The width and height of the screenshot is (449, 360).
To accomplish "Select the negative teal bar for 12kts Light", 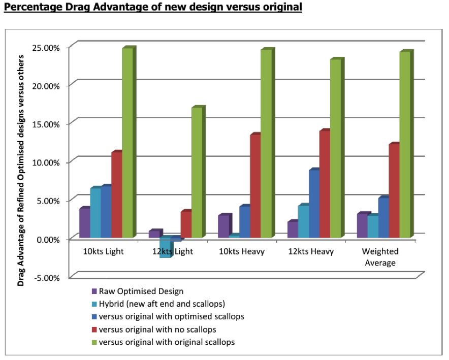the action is [x=165, y=248].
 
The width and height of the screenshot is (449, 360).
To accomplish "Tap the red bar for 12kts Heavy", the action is [x=325, y=183].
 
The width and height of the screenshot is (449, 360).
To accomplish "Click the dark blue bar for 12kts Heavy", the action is [x=314, y=203].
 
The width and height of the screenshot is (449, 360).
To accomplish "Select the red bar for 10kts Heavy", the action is [x=255, y=185].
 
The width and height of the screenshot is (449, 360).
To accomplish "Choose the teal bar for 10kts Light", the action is [x=95, y=212].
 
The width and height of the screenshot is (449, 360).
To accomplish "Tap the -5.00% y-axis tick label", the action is [x=47, y=278].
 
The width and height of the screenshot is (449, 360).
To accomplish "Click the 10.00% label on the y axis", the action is [x=46, y=162].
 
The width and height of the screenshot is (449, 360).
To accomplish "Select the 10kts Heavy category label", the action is [x=242, y=251].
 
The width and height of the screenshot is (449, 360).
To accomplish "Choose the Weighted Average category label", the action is [x=380, y=257].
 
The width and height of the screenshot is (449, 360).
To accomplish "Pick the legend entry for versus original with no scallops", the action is [x=154, y=330].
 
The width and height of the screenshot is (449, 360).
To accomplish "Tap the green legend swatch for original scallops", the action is [x=94, y=343].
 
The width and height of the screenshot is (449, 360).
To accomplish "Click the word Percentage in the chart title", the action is [x=33, y=7].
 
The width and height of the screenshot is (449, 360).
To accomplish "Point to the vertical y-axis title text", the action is [x=21, y=171].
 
